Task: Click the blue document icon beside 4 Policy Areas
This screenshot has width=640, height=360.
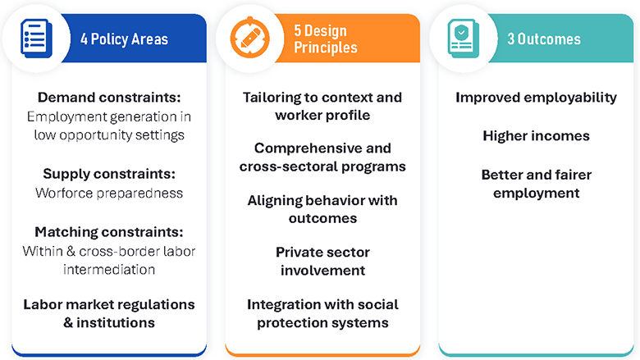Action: [x=35, y=37]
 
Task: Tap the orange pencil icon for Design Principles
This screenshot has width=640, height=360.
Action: [x=249, y=38]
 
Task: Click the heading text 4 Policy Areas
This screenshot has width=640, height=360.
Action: [x=124, y=39]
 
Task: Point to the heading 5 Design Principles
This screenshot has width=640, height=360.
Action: [x=326, y=39]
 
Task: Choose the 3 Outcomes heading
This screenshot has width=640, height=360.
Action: [x=543, y=39]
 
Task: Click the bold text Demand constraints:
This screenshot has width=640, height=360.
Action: [x=109, y=97]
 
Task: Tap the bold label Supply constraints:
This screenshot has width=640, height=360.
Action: [x=109, y=175]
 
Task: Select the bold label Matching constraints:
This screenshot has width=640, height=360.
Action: [x=109, y=233]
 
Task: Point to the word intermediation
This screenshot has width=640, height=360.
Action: [x=109, y=269]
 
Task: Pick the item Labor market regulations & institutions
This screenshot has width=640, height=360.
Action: [x=109, y=312]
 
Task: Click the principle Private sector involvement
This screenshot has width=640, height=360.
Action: [x=322, y=261]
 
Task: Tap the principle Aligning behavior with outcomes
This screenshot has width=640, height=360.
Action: [x=322, y=209]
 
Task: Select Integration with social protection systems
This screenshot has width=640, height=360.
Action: [x=322, y=312]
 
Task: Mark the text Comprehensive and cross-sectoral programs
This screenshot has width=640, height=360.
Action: [x=322, y=157]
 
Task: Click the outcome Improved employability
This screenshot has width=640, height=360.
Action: [x=536, y=98]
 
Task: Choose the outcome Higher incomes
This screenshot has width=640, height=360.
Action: [x=536, y=136]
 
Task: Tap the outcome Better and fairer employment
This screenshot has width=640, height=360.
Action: [x=536, y=184]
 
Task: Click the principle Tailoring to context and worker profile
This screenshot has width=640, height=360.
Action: [x=322, y=106]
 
